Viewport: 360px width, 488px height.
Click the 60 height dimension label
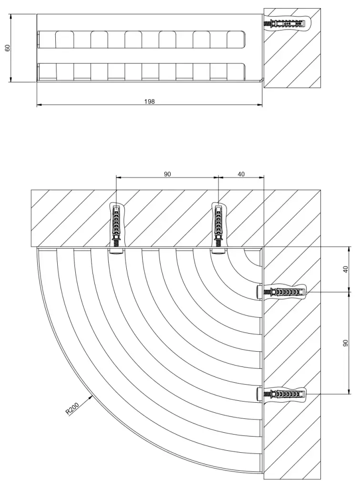pyautogui.click(x=7, y=48)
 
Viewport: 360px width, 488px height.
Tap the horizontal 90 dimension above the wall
pyautogui.click(x=167, y=174)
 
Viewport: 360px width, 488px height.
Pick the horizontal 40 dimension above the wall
pyautogui.click(x=241, y=174)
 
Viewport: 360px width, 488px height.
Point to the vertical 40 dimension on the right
pyautogui.click(x=346, y=269)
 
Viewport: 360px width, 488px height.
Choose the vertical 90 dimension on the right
pyautogui.click(x=346, y=342)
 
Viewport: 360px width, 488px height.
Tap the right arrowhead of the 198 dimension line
pyautogui.click(x=260, y=105)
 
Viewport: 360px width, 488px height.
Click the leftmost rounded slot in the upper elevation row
pyautogui.click(x=64, y=40)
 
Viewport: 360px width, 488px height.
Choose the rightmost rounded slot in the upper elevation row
pyautogui.click(x=236, y=40)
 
